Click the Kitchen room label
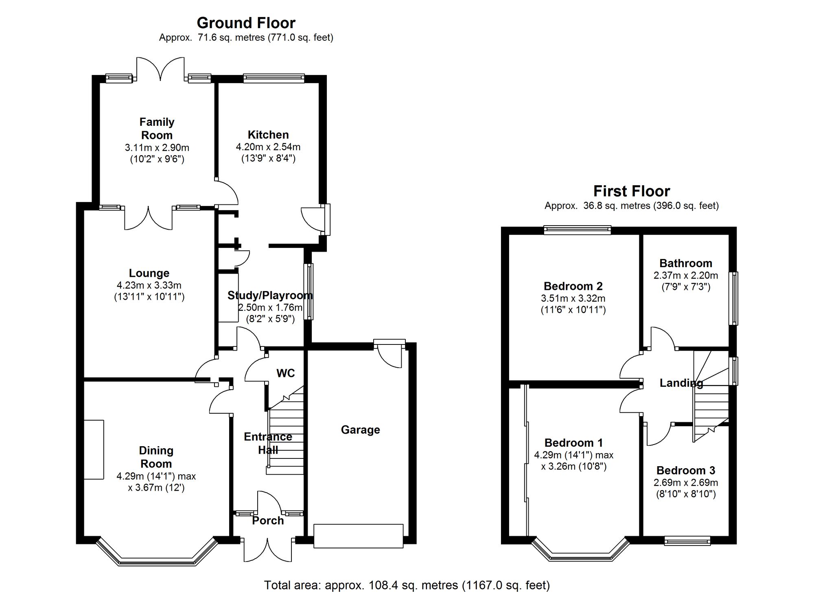[268, 135]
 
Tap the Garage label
[360, 430]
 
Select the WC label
[285, 373]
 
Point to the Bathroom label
[686, 263]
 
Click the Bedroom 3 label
[686, 470]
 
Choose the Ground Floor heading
[246, 23]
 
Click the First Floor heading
[631, 191]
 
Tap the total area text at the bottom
[407, 585]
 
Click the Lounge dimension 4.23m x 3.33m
[149, 285]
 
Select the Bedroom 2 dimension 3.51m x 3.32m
[573, 298]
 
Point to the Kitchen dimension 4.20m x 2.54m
[268, 147]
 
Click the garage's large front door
[358, 536]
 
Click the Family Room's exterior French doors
[160, 68]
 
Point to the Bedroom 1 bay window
[581, 556]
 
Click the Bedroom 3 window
[687, 541]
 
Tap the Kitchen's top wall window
[274, 78]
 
